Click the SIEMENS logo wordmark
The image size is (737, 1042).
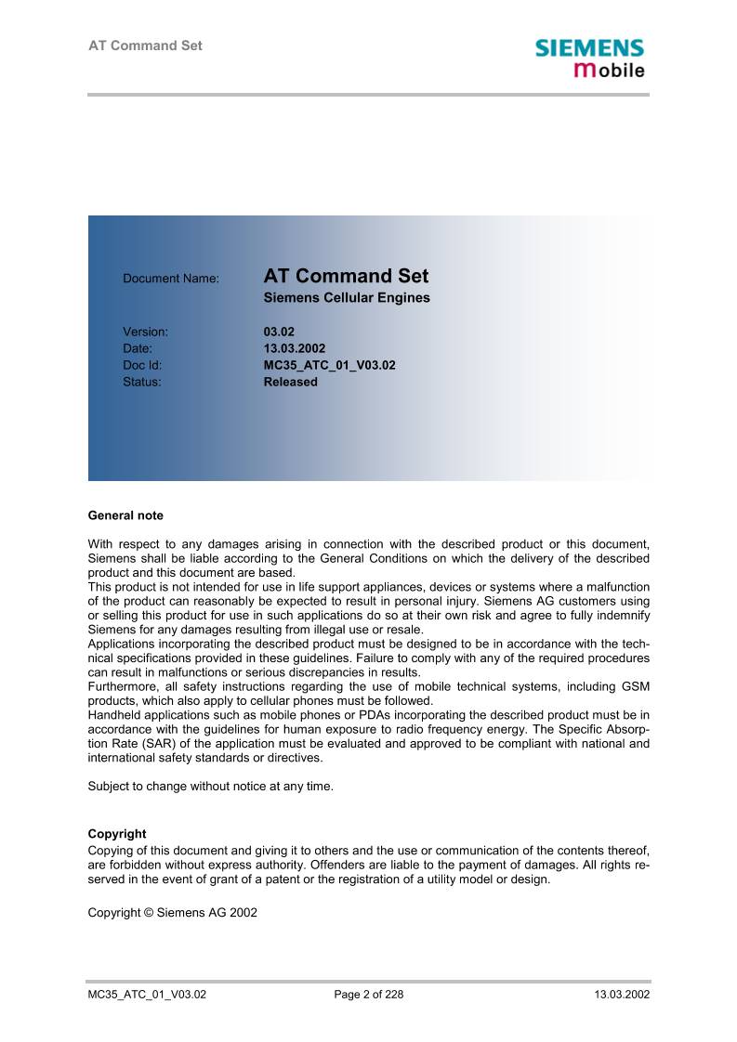(x=589, y=48)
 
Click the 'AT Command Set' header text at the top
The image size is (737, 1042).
(x=145, y=46)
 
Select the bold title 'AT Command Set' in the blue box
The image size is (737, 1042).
(x=346, y=276)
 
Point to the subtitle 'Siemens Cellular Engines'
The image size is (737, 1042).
(x=347, y=299)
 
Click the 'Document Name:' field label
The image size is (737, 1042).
(x=171, y=278)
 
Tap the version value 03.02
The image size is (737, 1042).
(x=279, y=331)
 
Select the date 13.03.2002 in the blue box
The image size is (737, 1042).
(x=295, y=348)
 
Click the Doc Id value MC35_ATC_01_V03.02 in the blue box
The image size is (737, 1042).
(x=329, y=365)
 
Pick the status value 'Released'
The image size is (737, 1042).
(x=290, y=382)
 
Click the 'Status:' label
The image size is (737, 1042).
(x=142, y=382)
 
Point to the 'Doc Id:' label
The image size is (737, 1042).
(x=142, y=365)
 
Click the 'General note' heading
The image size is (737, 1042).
(x=125, y=515)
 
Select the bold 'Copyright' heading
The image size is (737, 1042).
(x=117, y=834)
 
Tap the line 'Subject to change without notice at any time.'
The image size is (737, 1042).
(x=210, y=786)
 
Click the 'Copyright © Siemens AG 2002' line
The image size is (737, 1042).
(x=172, y=913)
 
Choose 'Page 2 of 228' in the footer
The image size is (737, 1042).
(x=368, y=995)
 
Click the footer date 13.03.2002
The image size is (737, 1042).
(x=622, y=995)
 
